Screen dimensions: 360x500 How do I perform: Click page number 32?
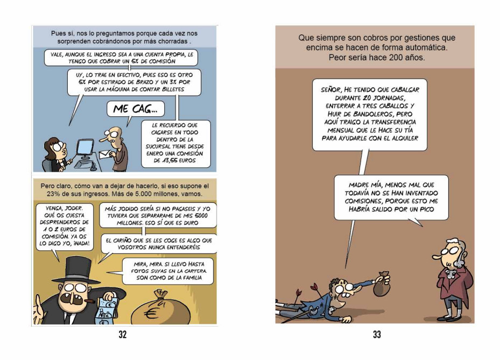coord(123,335)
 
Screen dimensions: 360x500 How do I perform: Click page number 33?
coord(377,335)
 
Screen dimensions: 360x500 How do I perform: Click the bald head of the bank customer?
coord(115,133)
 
